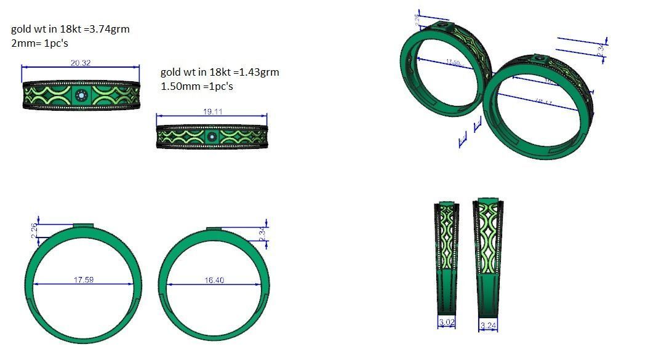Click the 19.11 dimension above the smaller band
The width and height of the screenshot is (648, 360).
pos(212,111)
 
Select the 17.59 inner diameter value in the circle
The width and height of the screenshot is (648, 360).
pos(84,280)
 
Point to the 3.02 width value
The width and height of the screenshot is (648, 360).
pos(446,322)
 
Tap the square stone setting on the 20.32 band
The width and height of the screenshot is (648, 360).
pos(81,95)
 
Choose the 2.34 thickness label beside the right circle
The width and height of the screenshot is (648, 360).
pos(263,234)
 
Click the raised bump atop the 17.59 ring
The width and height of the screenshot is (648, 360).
pos(84,226)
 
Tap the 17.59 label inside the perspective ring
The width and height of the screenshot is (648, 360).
pos(454,63)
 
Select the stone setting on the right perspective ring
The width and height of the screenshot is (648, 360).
pos(540,58)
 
